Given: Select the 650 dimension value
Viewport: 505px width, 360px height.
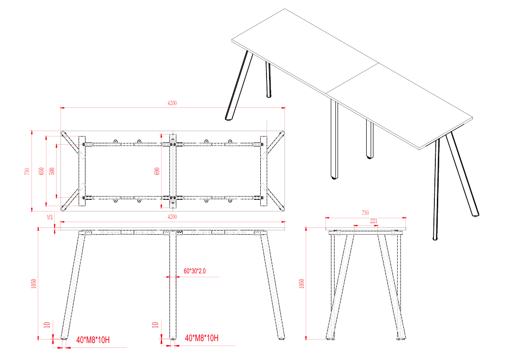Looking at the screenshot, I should pyautogui.click(x=42, y=171).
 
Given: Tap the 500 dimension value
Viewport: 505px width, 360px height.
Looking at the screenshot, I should pyautogui.click(x=52, y=171).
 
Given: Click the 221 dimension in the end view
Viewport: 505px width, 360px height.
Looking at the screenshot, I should pyautogui.click(x=373, y=221).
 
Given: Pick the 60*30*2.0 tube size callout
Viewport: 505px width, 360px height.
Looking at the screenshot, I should pyautogui.click(x=194, y=271).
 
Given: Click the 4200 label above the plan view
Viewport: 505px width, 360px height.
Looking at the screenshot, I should pyautogui.click(x=172, y=103).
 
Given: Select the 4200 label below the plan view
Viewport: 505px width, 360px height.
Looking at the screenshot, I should pyautogui.click(x=172, y=217).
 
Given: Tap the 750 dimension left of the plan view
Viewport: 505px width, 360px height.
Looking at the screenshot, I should pyautogui.click(x=28, y=171).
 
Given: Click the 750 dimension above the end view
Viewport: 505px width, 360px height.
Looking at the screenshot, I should pyautogui.click(x=365, y=212).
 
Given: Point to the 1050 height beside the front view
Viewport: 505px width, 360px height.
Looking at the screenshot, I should pyautogui.click(x=33, y=284).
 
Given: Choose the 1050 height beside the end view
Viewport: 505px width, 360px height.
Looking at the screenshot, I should pyautogui.click(x=302, y=284).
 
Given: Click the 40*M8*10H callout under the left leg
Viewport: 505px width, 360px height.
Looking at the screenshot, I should pyautogui.click(x=93, y=340).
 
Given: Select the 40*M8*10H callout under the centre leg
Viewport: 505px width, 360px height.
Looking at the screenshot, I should pyautogui.click(x=202, y=338).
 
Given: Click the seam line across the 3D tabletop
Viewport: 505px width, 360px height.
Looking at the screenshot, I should pyautogui.click(x=352, y=78).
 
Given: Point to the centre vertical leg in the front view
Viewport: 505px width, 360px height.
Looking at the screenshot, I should pyautogui.click(x=173, y=285).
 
